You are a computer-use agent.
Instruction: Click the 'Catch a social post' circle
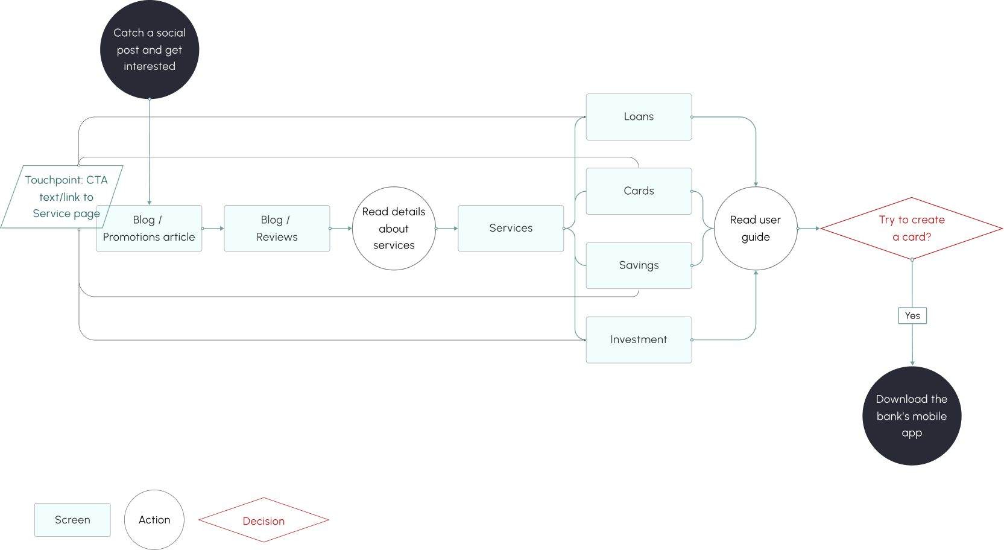point(150,49)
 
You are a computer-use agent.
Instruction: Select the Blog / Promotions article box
point(149,229)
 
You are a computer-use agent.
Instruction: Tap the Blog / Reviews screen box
point(277,229)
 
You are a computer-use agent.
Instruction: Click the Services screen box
point(511,229)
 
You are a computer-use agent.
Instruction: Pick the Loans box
point(639,117)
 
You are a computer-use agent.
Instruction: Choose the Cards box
point(639,191)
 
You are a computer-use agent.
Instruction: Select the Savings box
point(639,265)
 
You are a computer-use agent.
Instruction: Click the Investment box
point(639,340)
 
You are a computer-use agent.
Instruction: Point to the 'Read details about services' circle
point(394,229)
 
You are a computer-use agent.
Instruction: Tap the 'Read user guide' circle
point(756,229)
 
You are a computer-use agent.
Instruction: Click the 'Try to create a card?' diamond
point(911,229)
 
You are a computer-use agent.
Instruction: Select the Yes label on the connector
point(912,315)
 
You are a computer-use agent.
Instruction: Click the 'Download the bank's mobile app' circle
point(912,416)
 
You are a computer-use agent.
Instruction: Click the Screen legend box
point(72,520)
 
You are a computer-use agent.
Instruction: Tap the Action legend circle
point(154,520)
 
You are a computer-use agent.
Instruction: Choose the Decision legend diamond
point(264,520)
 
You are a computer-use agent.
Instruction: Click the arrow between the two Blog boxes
point(213,229)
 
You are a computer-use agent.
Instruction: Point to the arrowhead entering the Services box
point(455,229)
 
